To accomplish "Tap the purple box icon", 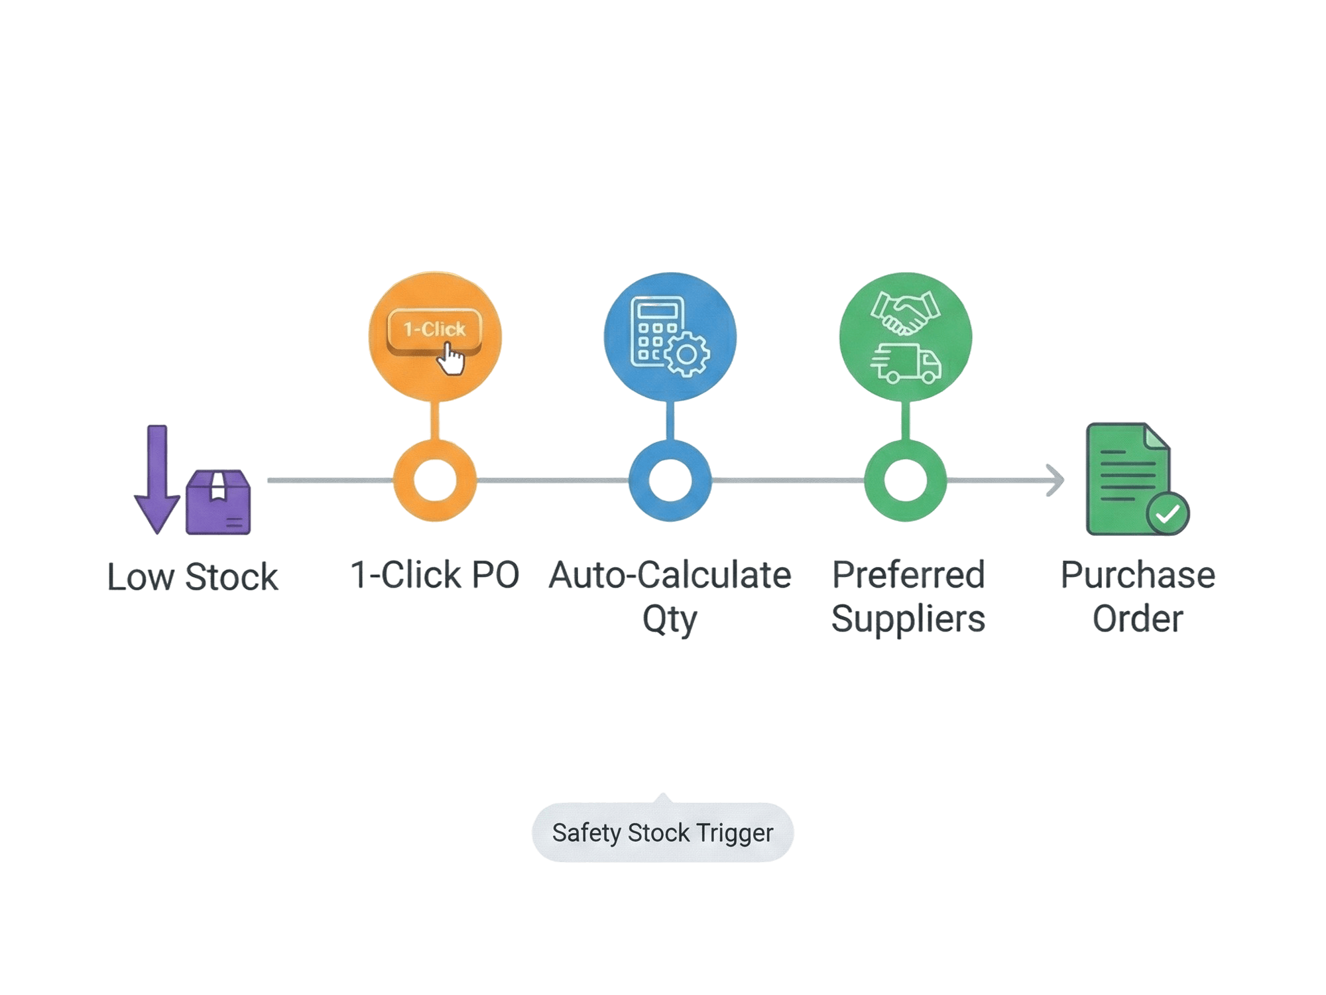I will click(218, 502).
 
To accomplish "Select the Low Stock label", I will click(192, 576).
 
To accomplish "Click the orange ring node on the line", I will click(435, 481).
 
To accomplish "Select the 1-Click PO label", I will click(434, 575).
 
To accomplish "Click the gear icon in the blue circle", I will click(687, 355).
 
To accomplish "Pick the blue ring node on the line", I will click(670, 481).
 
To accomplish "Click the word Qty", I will click(670, 620).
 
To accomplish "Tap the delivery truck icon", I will click(906, 364).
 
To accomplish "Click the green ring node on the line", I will click(906, 481).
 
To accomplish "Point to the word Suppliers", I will click(908, 620).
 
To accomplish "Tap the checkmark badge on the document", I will click(1168, 513).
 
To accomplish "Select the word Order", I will click(1138, 620).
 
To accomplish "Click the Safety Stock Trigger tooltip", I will click(662, 832).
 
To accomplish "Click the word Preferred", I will click(908, 575).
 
